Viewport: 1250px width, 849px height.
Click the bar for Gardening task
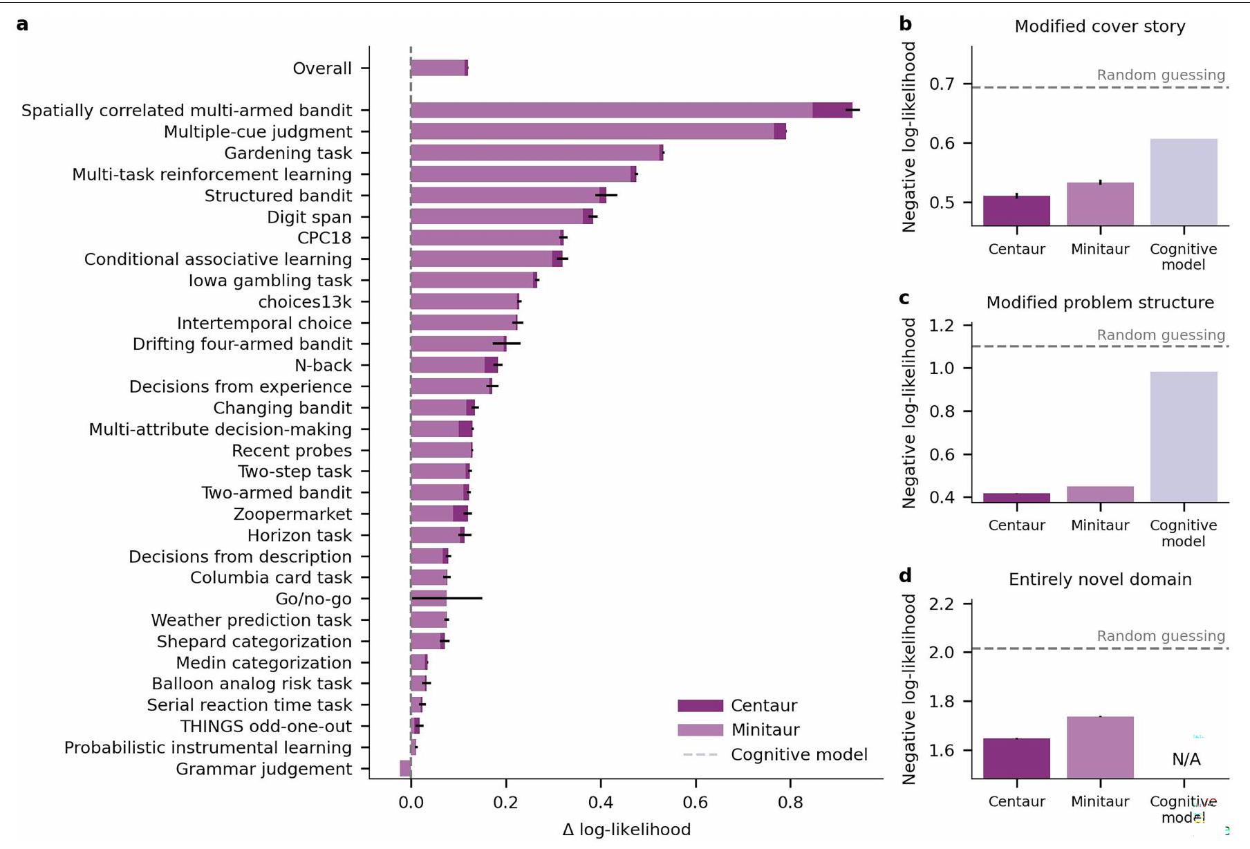(537, 153)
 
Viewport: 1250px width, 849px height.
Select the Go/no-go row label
(313, 599)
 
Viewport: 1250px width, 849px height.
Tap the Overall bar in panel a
(439, 68)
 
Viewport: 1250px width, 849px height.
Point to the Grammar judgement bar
(406, 768)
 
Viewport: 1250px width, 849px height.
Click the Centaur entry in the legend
(763, 705)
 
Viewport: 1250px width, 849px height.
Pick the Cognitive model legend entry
(799, 754)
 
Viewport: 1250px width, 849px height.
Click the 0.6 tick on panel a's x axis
(695, 802)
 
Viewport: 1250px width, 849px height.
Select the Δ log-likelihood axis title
(626, 830)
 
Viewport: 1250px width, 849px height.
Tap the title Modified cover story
(1099, 26)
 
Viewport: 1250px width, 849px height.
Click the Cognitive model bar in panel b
(1183, 182)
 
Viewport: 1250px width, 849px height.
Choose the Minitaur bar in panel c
(1100, 494)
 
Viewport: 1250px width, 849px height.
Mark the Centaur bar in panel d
(1016, 758)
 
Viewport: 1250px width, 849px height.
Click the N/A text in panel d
(1186, 759)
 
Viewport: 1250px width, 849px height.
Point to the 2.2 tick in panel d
(941, 604)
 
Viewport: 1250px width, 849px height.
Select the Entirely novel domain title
(1099, 579)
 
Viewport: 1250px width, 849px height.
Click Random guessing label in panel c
(1160, 335)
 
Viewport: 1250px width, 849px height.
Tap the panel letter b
(905, 24)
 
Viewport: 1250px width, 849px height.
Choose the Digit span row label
(309, 217)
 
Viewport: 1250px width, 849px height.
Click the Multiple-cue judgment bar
(598, 131)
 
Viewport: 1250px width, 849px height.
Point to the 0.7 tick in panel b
(941, 84)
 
